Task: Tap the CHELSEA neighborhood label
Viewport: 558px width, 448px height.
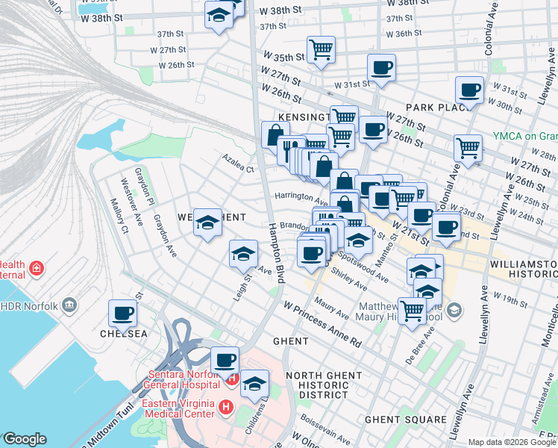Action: tap(122, 334)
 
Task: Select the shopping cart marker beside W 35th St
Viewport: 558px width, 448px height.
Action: tap(321, 50)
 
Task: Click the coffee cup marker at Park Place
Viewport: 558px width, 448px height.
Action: tap(470, 91)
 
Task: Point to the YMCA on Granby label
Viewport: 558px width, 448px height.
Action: tap(524, 137)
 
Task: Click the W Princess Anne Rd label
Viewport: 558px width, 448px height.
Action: tap(322, 324)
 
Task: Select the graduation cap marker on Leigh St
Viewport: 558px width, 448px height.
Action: tap(243, 255)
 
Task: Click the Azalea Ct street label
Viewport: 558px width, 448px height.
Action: tap(237, 163)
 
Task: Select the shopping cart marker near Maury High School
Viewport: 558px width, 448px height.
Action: tap(412, 311)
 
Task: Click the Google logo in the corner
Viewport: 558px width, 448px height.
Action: tap(25, 439)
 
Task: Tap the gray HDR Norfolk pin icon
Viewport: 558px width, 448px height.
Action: tap(70, 304)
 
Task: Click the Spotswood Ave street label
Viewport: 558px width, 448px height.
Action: tap(363, 267)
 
